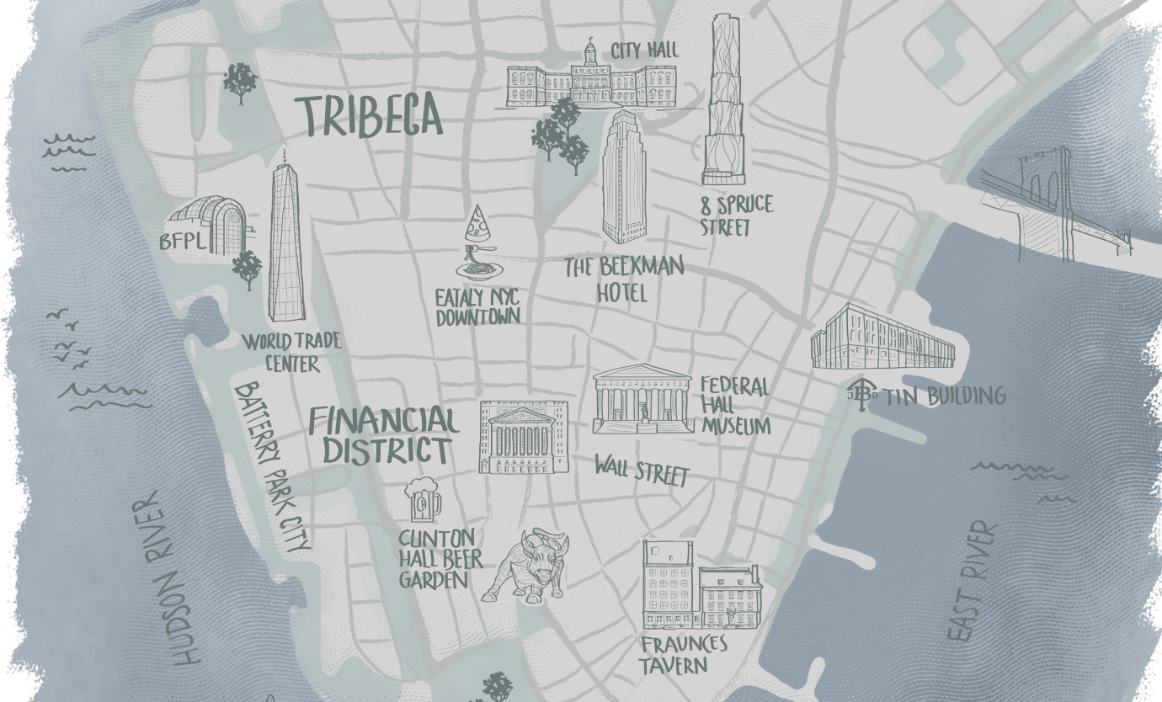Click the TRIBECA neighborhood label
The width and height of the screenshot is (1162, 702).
(x=370, y=116)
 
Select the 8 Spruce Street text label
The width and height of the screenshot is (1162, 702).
(x=736, y=215)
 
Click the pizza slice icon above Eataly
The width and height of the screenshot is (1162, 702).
(x=477, y=224)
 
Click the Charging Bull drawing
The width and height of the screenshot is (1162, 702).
(x=527, y=566)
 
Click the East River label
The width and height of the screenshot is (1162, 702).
(x=971, y=581)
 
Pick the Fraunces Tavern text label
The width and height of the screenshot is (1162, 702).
(x=683, y=655)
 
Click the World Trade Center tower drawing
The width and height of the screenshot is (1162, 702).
(x=286, y=240)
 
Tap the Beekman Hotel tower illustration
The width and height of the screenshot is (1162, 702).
(x=625, y=178)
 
